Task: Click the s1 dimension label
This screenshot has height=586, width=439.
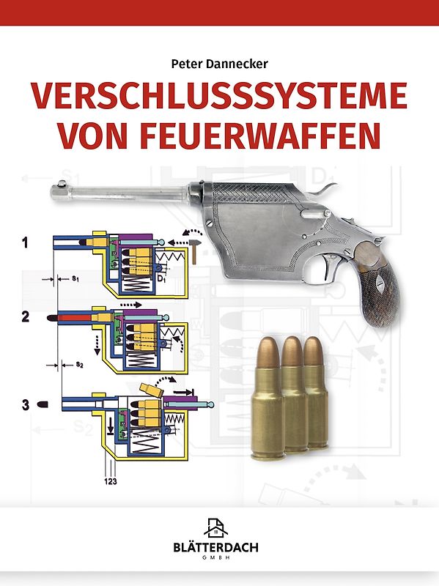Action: click(x=75, y=278)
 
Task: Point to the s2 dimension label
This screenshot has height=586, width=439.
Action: click(x=76, y=364)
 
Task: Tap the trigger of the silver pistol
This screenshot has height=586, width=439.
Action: click(x=322, y=272)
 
